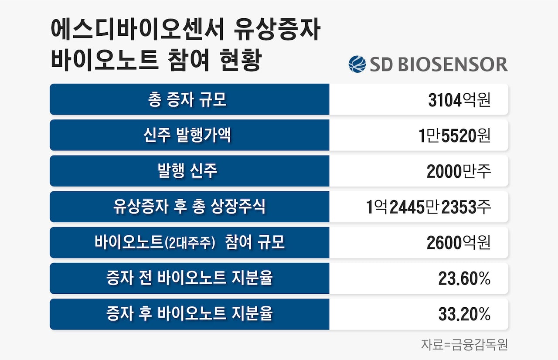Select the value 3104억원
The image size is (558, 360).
(459, 100)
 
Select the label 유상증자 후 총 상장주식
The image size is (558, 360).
(189, 207)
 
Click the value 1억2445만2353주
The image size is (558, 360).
(429, 207)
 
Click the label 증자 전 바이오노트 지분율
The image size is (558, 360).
(189, 278)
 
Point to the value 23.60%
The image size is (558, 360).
(465, 279)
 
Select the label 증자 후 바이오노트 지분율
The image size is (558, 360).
(189, 314)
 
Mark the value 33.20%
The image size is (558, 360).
(465, 315)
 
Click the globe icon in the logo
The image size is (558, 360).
(357, 64)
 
